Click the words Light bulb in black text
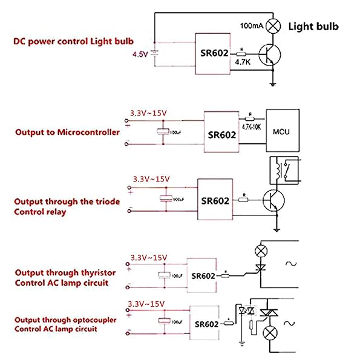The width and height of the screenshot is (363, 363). (313, 26)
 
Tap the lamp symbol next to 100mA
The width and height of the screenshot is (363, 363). (275, 26)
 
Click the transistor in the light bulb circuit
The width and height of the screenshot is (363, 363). (270, 56)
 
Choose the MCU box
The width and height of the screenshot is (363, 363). (283, 131)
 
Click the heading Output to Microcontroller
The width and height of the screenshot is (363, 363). (67, 132)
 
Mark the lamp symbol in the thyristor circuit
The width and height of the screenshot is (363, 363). (261, 249)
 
